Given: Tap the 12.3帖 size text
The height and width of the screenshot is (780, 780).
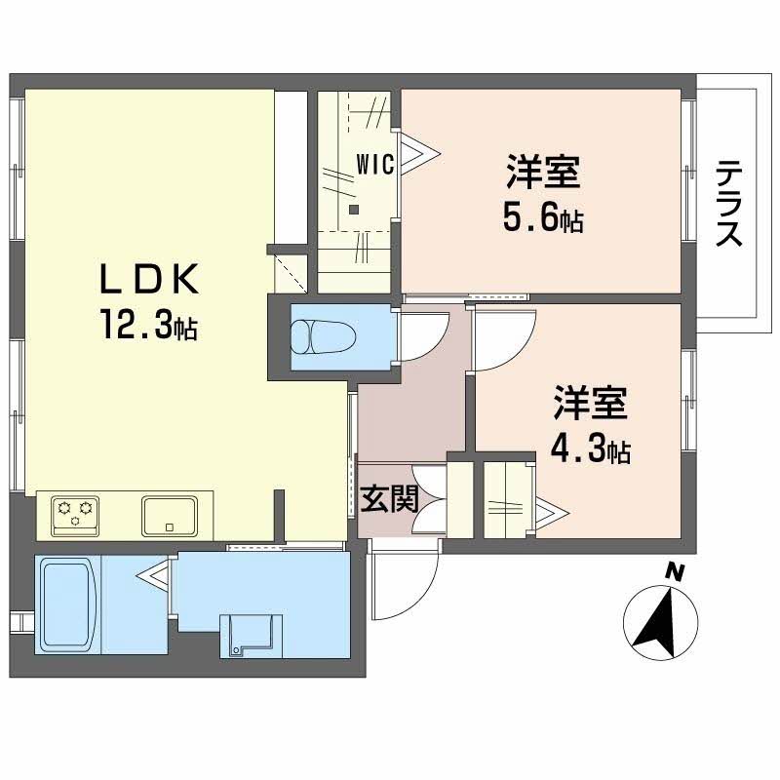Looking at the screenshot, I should coord(146,325).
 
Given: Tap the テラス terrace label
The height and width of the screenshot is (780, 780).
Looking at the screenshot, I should coord(730,203).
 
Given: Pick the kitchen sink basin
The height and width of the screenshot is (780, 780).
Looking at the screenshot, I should coord(171,513).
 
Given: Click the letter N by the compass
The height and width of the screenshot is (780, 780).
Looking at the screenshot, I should coord(673,572).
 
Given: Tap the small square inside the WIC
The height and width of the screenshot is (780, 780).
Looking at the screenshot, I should coord(354,208).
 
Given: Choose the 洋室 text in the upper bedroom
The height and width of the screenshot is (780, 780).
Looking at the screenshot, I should coord(543,174).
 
